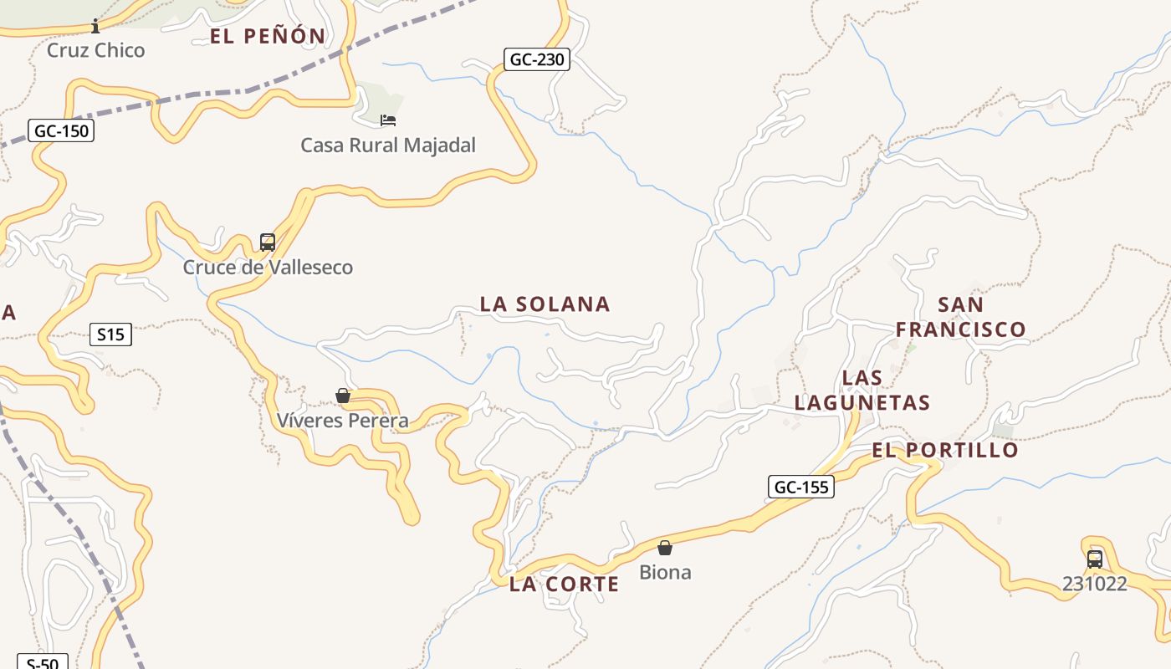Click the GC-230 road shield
(x=536, y=59)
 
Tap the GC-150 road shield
(x=61, y=131)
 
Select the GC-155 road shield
(x=800, y=487)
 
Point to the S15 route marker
(x=110, y=335)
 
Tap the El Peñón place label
(x=268, y=36)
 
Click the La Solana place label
(x=545, y=304)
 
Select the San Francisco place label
(x=960, y=317)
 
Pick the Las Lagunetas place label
(x=862, y=391)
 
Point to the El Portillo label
(x=945, y=450)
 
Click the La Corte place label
(x=564, y=585)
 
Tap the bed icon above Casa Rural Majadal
(x=388, y=120)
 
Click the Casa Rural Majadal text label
(x=388, y=146)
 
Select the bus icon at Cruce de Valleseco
(x=268, y=243)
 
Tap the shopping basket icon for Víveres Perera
(x=343, y=396)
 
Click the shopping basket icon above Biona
(x=665, y=548)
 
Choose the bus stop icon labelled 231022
(x=1094, y=559)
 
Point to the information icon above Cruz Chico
(x=95, y=26)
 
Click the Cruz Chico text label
(x=95, y=50)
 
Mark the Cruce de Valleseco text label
(x=268, y=268)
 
